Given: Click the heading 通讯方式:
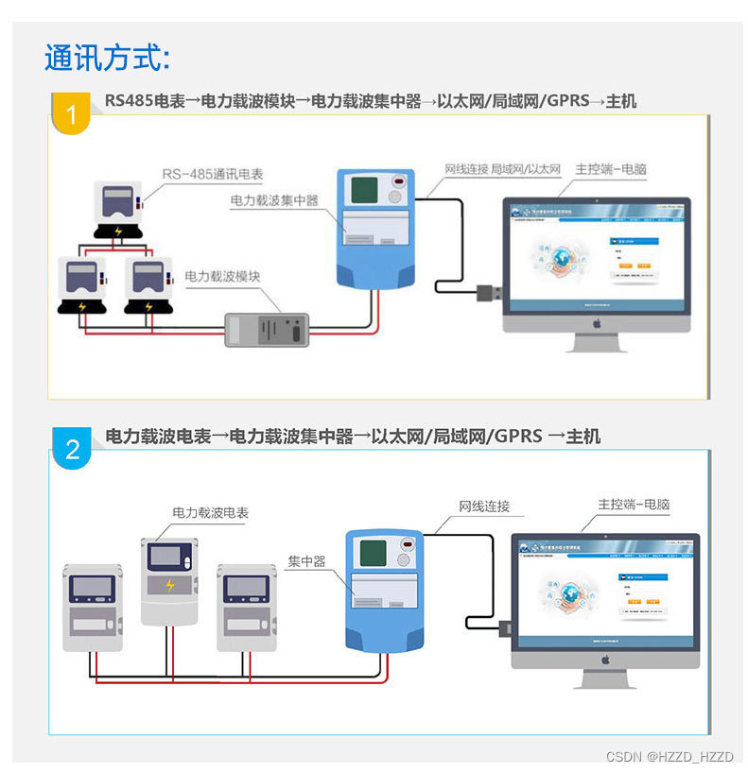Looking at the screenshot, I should (x=107, y=58).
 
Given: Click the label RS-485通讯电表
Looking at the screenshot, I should (x=212, y=175).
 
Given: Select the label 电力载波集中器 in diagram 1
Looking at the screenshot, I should (x=274, y=200).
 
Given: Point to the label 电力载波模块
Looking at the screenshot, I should (x=222, y=277).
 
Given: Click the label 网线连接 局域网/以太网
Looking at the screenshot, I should (x=503, y=169).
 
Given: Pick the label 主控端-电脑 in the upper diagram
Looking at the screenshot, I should (x=611, y=169).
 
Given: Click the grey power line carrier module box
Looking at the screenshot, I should (x=268, y=330).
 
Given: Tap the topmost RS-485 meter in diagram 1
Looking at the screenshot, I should (x=118, y=210).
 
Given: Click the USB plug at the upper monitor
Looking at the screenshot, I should (x=489, y=292).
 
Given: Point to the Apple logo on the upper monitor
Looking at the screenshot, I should (x=598, y=323).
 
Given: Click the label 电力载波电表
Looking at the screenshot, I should (x=210, y=512).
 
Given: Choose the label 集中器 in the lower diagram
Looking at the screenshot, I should (x=306, y=561).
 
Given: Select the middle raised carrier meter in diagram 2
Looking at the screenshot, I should (x=170, y=580).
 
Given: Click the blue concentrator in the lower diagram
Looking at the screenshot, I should (x=383, y=590).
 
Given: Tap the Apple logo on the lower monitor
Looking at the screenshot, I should (x=605, y=660).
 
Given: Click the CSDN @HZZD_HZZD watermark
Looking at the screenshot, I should (x=670, y=757).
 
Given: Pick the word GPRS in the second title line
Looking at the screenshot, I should (x=518, y=437).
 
